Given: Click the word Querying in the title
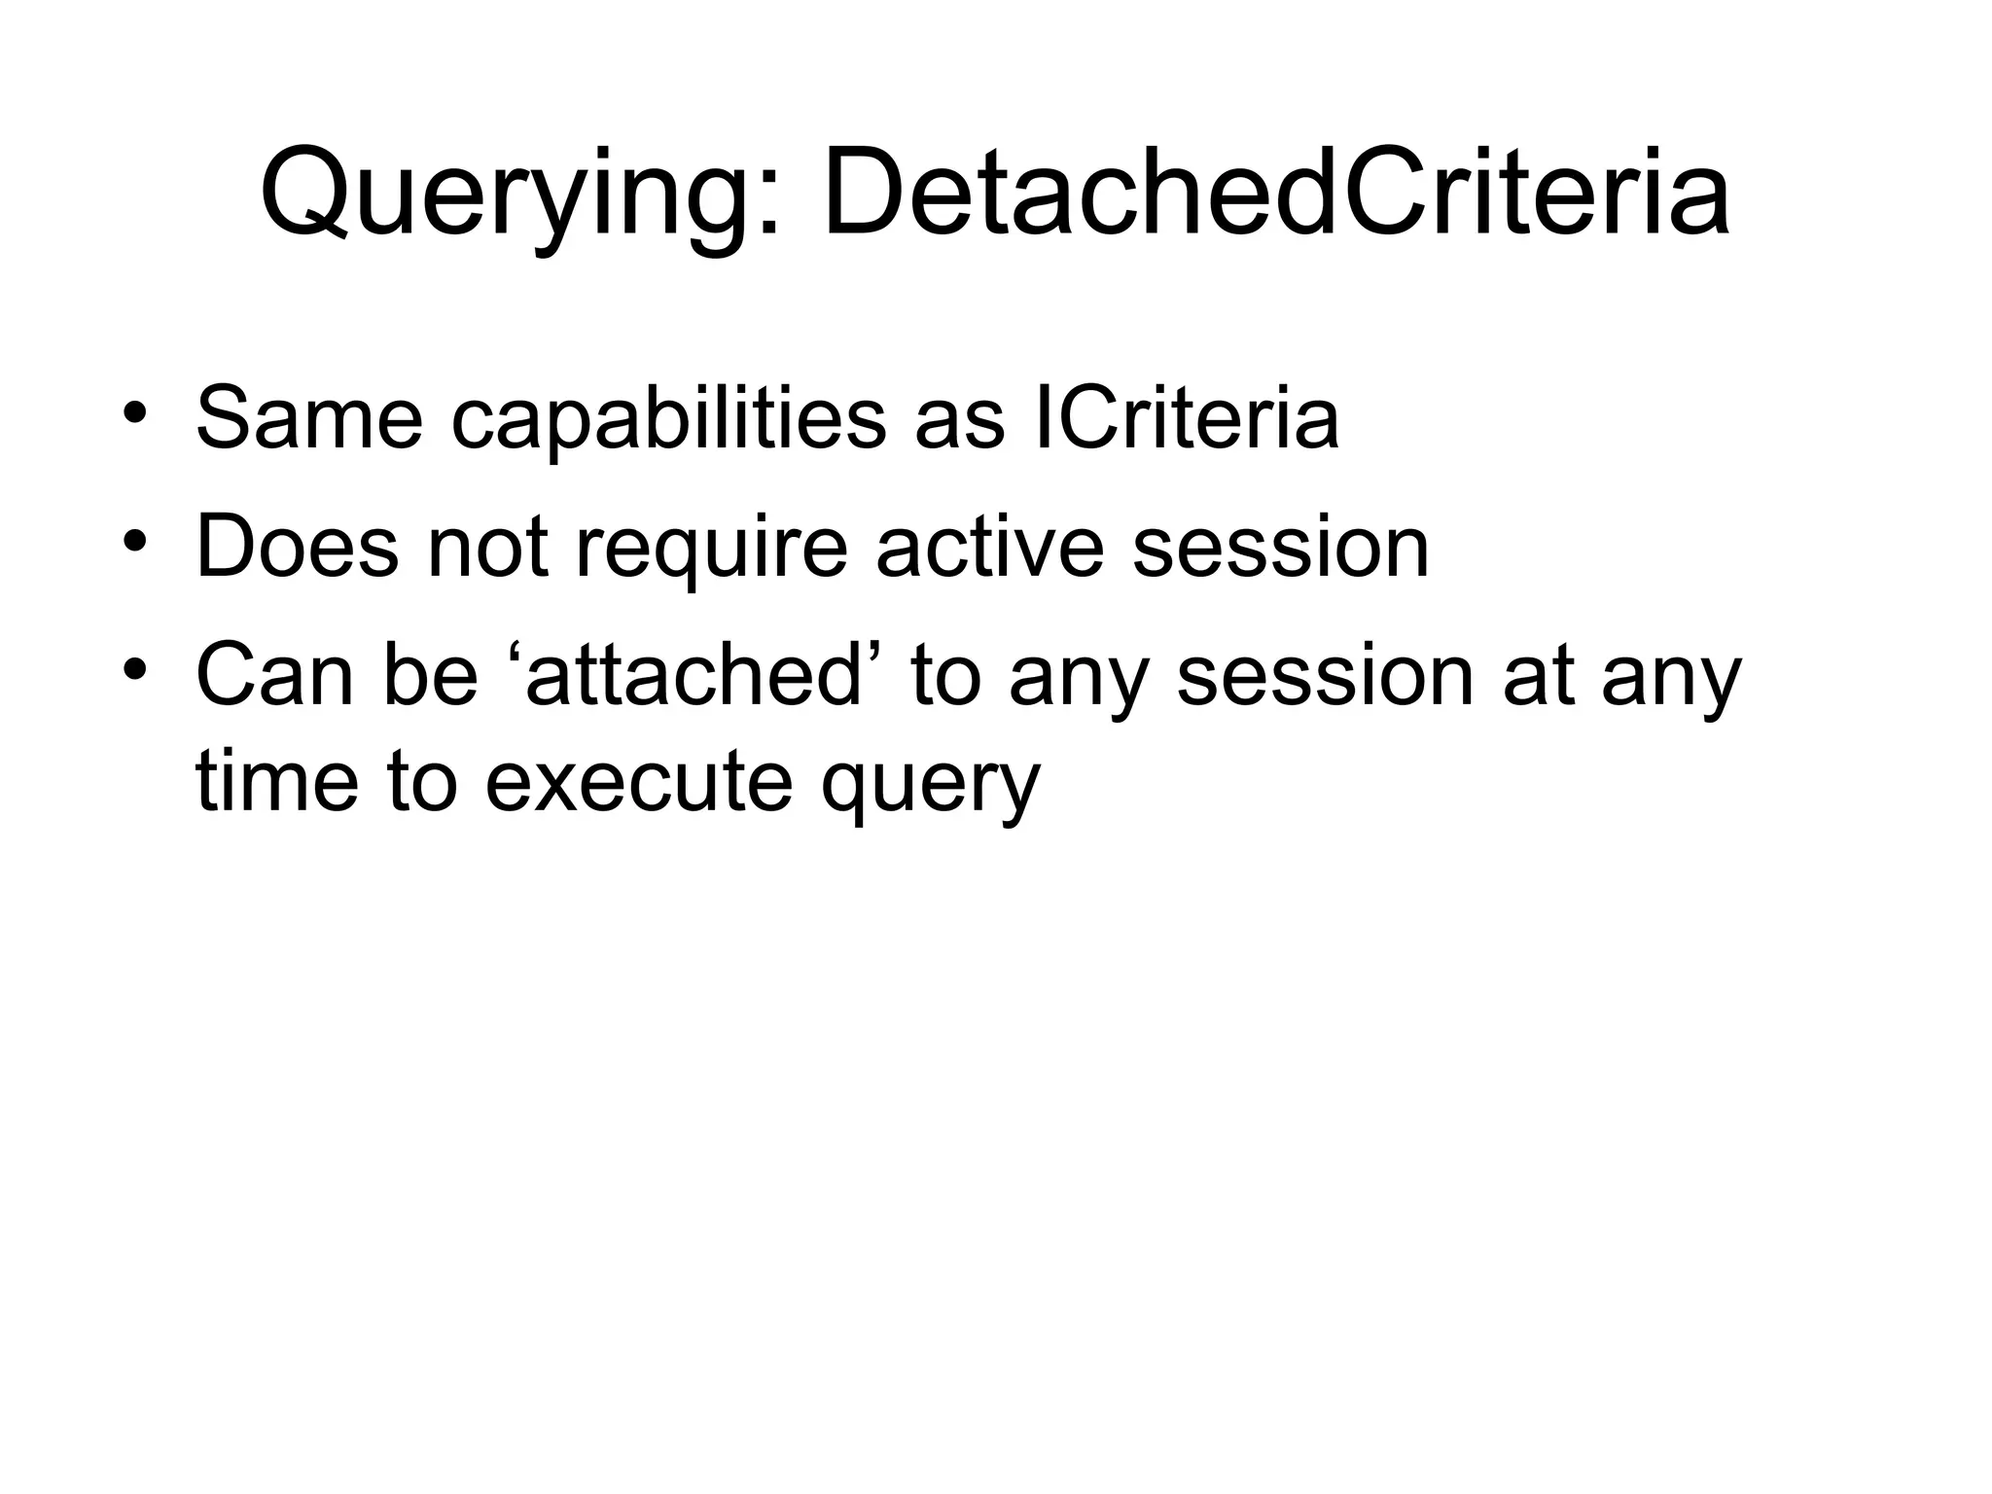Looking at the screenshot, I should pos(506,195).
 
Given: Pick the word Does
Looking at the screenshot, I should pos(298,547).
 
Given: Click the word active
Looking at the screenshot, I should pos(990,547).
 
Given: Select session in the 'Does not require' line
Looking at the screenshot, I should pos(1281,547).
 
